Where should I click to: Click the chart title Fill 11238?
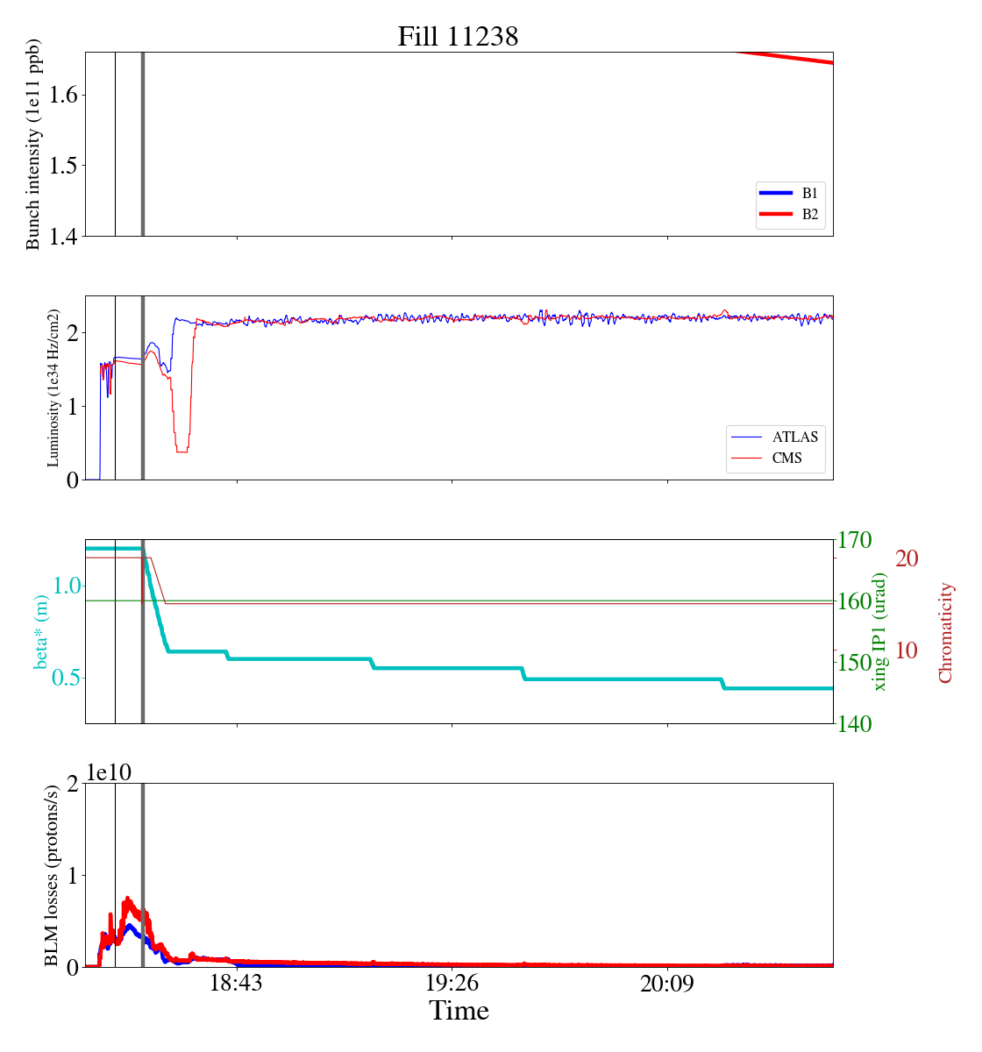458,37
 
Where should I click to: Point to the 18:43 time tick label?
236,984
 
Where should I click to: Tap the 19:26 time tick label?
452,984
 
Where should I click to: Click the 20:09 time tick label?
667,984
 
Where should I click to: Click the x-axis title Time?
459,1011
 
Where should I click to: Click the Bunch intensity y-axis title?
33,144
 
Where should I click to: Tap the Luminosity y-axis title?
53,387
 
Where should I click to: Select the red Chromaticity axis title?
945,632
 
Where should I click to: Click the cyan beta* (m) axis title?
41,631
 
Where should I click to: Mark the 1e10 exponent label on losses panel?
109,771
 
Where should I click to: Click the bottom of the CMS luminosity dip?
181,451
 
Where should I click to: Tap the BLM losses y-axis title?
53,875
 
